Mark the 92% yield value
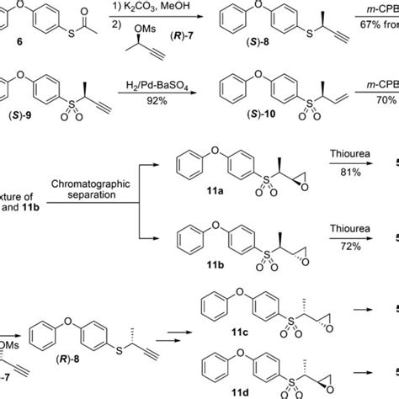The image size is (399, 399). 154,120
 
